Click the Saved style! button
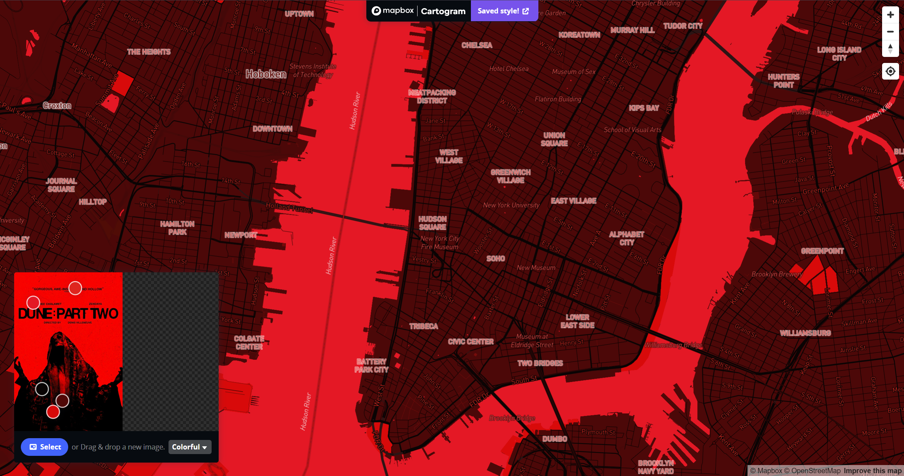(503, 11)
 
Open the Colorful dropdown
(190, 447)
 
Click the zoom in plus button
(890, 15)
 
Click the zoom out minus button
(890, 32)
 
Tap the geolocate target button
(890, 71)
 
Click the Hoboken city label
(266, 74)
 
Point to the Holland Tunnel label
(289, 208)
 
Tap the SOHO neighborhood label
(496, 259)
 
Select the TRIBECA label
(424, 326)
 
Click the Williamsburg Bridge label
(673, 345)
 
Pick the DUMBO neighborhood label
(555, 439)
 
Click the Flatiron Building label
(558, 99)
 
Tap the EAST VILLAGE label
(573, 201)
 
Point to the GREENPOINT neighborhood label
(822, 251)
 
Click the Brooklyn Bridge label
(512, 418)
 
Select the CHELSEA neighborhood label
(477, 45)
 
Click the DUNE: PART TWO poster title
(68, 314)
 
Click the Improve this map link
(873, 471)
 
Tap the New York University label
(511, 205)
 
